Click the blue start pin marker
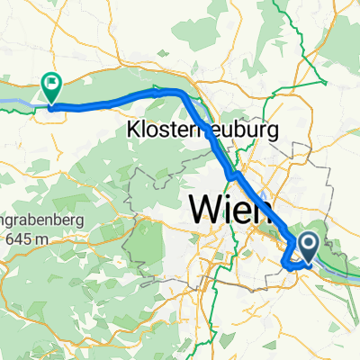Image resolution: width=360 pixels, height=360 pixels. pos(307,243)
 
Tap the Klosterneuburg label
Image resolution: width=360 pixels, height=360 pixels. pos(203,130)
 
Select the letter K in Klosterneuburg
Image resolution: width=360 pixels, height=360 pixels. pos(132,130)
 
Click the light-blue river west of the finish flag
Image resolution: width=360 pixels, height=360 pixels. pos(18,103)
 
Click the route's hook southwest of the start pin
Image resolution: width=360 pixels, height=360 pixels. pos(285,264)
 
